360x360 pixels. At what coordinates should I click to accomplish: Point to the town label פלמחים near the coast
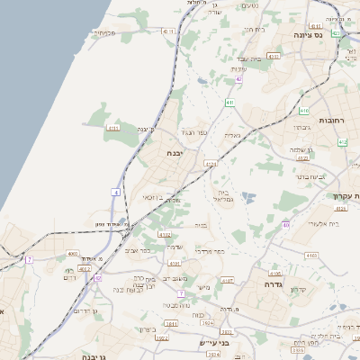[x=103, y=33]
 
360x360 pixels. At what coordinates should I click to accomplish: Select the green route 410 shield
[x=285, y=224]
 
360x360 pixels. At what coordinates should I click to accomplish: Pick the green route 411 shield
[x=230, y=103]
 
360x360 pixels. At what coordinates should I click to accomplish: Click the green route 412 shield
[x=342, y=142]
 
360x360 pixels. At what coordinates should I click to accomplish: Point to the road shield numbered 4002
[x=84, y=268]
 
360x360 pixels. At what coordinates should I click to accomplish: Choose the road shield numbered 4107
[x=228, y=280]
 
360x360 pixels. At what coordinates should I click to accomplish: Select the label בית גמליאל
[x=225, y=197]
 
